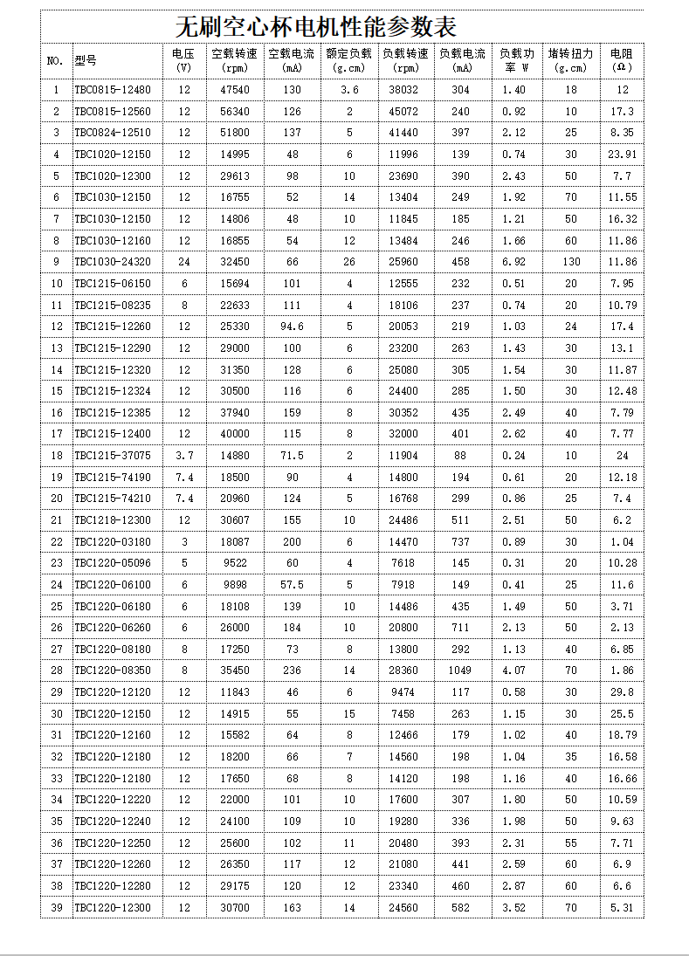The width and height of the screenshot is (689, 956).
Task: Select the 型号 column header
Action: tap(86, 61)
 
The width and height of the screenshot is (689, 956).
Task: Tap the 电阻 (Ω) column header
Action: tap(621, 60)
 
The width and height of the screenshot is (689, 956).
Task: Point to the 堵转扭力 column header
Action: tap(571, 60)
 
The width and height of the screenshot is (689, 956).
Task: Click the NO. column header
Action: tap(55, 61)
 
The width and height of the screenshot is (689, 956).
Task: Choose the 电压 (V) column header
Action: tap(183, 60)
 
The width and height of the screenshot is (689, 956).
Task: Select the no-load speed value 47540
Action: tap(235, 90)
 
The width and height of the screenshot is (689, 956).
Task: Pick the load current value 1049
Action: tap(462, 671)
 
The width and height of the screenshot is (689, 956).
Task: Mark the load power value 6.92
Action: tap(514, 262)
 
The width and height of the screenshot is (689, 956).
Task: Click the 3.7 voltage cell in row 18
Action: tap(183, 456)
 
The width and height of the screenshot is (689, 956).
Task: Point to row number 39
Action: tap(56, 908)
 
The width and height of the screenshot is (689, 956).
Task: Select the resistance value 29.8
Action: tap(622, 692)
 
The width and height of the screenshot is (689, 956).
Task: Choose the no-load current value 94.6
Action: tap(292, 327)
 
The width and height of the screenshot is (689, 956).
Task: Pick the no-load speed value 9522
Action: tap(235, 563)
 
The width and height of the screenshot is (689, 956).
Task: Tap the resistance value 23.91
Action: tap(622, 155)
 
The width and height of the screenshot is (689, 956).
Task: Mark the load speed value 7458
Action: tap(406, 713)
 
